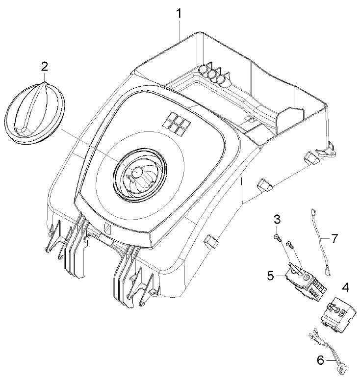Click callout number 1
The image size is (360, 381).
[179, 14]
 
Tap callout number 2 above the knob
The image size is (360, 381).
[44, 67]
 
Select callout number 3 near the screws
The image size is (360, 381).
[277, 220]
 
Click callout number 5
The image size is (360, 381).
[271, 276]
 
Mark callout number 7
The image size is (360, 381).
[334, 239]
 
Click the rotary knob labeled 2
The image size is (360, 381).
[35, 113]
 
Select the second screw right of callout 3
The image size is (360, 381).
[290, 244]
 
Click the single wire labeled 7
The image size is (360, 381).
[321, 242]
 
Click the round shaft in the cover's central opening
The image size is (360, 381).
[137, 172]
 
